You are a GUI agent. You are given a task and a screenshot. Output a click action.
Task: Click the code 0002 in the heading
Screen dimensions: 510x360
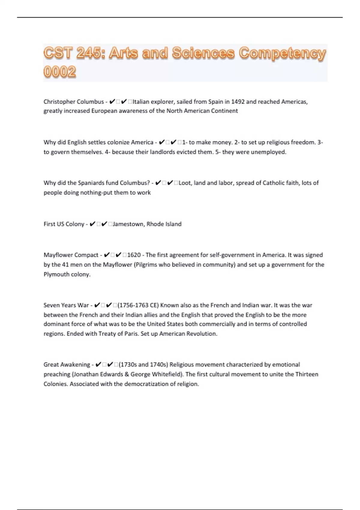(x=60, y=72)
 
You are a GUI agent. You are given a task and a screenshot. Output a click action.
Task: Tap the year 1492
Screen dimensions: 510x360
(x=238, y=102)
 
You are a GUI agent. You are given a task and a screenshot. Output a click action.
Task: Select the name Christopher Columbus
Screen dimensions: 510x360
(x=73, y=102)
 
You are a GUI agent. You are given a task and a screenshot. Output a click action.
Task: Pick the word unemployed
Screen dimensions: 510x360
(x=268, y=152)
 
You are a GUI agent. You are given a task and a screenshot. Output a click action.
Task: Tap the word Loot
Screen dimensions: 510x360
(x=184, y=183)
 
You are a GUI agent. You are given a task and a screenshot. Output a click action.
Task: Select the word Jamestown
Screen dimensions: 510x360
(x=128, y=224)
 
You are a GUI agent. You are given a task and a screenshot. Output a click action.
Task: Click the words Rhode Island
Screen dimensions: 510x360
(x=164, y=224)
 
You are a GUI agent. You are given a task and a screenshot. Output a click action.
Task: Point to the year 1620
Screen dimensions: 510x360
(x=134, y=255)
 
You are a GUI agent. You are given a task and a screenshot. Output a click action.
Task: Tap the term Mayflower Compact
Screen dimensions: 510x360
(x=71, y=255)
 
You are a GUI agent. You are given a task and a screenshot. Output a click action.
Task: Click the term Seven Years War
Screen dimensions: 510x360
(x=66, y=305)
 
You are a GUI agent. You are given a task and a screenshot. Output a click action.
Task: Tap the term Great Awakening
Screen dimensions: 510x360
(x=67, y=365)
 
